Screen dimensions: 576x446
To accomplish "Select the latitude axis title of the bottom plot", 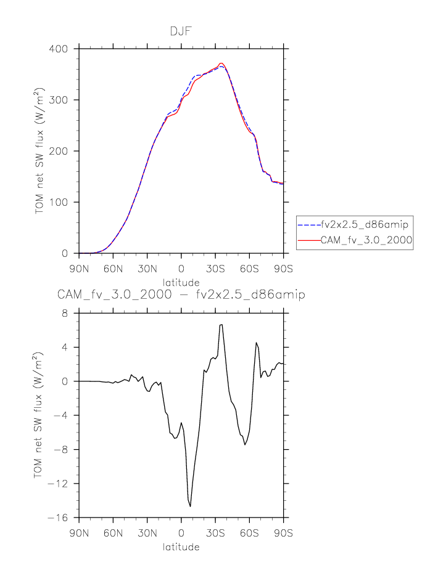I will (x=181, y=546).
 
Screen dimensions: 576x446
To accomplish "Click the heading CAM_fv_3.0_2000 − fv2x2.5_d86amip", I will (x=181, y=295).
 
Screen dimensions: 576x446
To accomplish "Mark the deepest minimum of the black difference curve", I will (x=190, y=506).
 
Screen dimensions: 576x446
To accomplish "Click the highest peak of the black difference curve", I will (x=221, y=324).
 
